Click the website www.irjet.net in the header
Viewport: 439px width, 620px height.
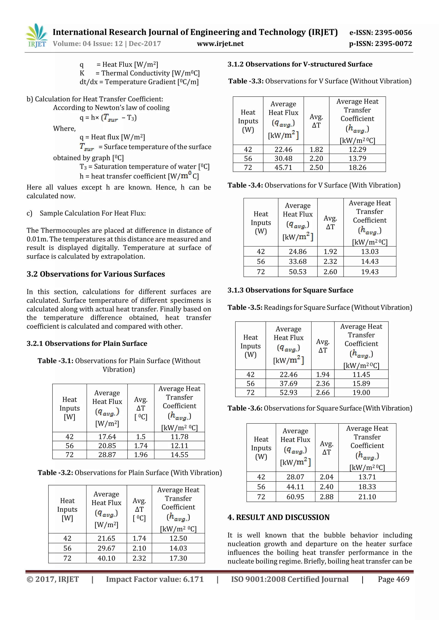click(x=220, y=44)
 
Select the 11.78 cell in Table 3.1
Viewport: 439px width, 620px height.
click(x=179, y=437)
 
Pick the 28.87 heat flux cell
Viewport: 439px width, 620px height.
click(x=107, y=455)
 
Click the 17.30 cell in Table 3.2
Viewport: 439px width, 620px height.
click(x=178, y=558)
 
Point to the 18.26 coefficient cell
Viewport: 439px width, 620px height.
click(x=357, y=167)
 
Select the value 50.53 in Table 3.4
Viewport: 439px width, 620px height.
click(x=297, y=272)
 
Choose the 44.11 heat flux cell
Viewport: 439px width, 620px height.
click(x=295, y=487)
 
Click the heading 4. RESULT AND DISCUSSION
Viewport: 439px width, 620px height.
click(x=278, y=517)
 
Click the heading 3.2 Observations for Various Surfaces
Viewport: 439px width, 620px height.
click(x=96, y=274)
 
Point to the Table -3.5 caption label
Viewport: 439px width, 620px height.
click(x=245, y=308)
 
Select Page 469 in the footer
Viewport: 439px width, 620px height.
click(x=393, y=579)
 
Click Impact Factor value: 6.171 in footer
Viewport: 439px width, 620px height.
click(x=155, y=579)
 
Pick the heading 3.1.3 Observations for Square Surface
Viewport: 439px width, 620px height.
click(x=290, y=290)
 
